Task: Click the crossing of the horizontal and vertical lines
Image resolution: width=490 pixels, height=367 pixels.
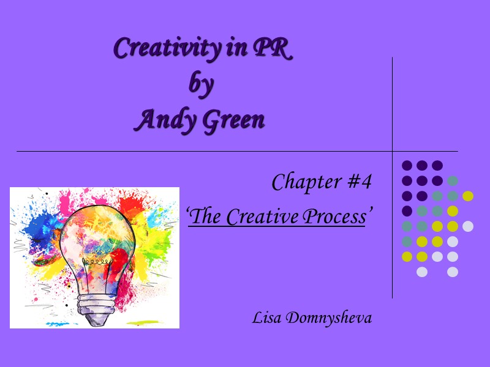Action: (392, 150)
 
